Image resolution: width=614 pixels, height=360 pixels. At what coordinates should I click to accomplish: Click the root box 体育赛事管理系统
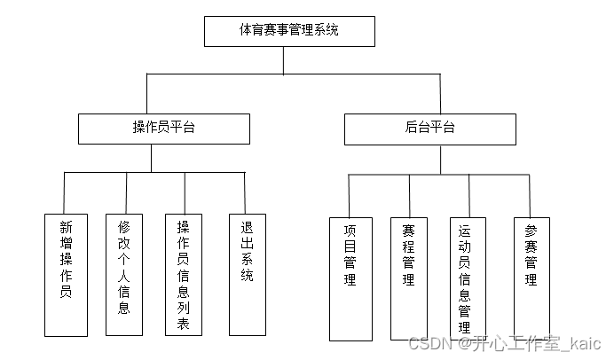point(289,31)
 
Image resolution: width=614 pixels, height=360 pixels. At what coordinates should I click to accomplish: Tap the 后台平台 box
point(429,129)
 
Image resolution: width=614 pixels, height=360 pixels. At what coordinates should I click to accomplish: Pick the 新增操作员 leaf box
point(66,274)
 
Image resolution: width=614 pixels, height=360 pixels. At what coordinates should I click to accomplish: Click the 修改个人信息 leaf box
point(124,274)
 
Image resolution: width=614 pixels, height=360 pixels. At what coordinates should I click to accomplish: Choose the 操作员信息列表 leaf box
point(184,274)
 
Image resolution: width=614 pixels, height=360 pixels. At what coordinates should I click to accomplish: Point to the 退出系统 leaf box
point(247,274)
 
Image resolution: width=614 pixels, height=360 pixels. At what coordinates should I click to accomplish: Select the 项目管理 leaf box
point(350,278)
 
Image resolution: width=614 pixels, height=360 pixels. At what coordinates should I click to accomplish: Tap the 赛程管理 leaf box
point(409,278)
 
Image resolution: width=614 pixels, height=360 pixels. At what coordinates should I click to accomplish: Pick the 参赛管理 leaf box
point(531,274)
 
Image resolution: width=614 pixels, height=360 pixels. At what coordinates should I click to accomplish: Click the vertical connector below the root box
point(283,60)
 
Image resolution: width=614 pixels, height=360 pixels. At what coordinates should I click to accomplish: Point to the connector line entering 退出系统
point(245,192)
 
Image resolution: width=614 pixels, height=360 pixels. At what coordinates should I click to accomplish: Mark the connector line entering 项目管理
point(349,195)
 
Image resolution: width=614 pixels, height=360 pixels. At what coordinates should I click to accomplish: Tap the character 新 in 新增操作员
point(66,226)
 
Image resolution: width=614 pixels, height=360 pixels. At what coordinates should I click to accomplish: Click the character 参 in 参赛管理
point(531,227)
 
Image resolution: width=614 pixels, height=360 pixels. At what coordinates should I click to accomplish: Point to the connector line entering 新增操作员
point(65,192)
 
